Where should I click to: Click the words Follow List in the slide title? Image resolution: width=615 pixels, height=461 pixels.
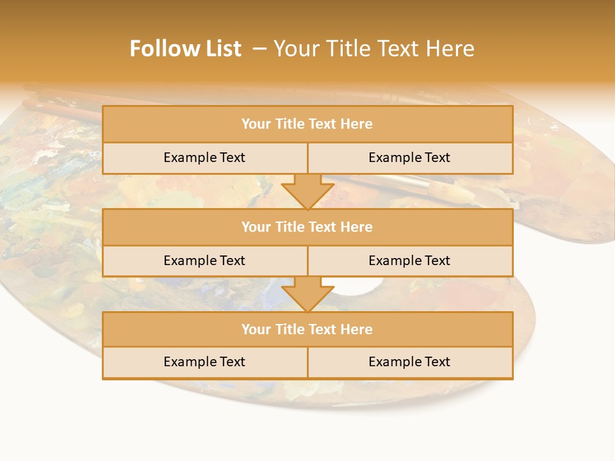pos(185,49)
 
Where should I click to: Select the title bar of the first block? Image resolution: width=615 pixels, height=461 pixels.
pos(307,124)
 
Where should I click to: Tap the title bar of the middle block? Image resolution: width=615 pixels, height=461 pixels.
pos(307,227)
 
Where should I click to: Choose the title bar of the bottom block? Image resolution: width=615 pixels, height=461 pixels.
pos(307,329)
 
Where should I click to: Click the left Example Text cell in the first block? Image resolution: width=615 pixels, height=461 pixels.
pos(204,158)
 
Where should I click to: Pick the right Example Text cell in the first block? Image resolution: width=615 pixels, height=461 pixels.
pos(409,158)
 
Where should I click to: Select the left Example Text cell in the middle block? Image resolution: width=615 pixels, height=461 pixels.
pos(204,261)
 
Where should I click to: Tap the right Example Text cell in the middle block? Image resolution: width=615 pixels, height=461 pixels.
pos(409,261)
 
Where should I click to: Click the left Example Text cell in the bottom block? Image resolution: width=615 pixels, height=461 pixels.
pos(204,362)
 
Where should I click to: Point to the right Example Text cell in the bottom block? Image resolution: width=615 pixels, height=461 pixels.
pos(409,362)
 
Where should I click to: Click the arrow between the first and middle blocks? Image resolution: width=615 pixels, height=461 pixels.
pos(307,191)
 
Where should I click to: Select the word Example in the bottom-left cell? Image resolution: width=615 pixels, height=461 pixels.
pos(189,362)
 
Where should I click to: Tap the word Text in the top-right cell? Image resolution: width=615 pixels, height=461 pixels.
pos(437,158)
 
